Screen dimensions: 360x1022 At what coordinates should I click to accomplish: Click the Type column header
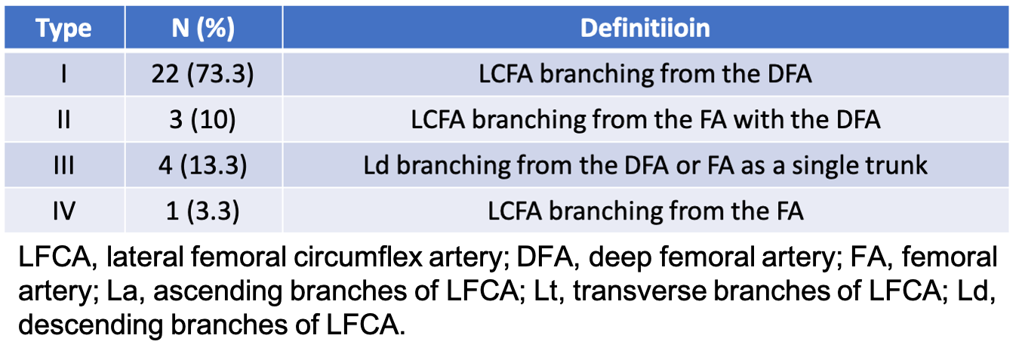64,29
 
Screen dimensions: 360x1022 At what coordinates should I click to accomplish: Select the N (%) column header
203,29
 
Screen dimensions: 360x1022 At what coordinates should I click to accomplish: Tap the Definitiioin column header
645,29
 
